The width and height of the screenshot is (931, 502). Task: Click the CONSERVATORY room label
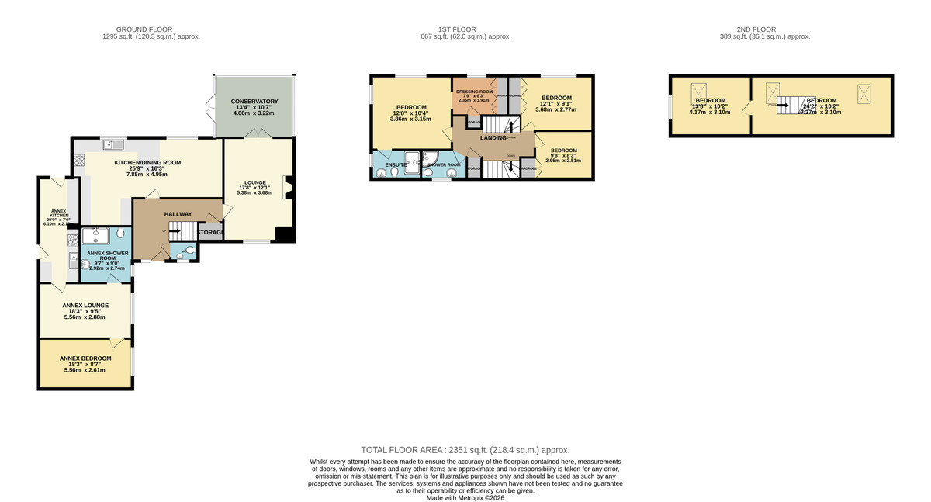tap(255, 102)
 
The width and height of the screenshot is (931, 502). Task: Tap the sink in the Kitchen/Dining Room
tap(114, 144)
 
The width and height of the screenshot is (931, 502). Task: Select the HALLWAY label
tap(177, 214)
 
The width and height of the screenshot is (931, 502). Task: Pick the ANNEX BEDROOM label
tap(85, 358)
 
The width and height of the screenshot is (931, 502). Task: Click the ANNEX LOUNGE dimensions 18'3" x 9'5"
tap(85, 311)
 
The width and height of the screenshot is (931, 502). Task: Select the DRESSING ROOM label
tap(474, 92)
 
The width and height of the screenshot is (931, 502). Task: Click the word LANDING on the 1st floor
tap(493, 137)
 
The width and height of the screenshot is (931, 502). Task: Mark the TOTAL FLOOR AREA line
tap(465, 450)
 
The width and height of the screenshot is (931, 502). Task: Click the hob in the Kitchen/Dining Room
tap(79, 161)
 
